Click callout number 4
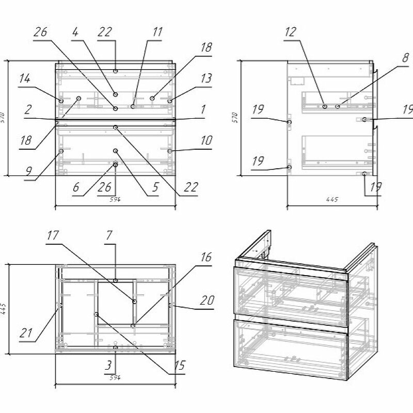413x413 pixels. click(x=75, y=33)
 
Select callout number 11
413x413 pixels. click(x=157, y=33)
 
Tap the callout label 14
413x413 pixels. click(x=25, y=80)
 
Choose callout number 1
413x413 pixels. click(x=203, y=110)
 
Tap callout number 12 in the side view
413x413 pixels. click(x=290, y=33)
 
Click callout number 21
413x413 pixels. click(x=26, y=333)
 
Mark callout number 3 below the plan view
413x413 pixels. click(x=108, y=366)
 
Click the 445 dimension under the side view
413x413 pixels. click(x=332, y=200)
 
